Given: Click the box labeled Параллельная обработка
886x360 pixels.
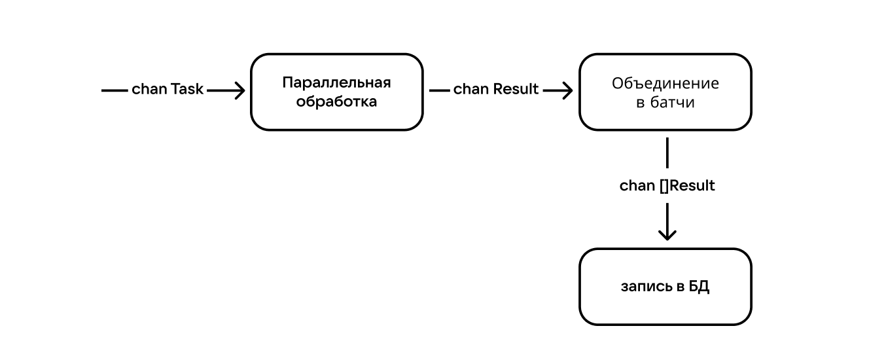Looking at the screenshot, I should [336, 92].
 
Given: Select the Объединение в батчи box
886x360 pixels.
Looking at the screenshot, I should [665, 92].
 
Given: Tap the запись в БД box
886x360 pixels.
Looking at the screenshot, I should [665, 287].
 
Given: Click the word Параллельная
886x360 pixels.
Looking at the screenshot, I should [336, 83].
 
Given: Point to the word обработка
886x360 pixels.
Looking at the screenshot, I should [336, 102].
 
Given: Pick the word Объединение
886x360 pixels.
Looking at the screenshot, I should [665, 83].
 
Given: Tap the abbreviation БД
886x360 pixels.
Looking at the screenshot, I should [699, 287].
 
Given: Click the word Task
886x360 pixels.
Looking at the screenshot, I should [187, 90].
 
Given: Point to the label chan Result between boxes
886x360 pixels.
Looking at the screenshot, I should [495, 89].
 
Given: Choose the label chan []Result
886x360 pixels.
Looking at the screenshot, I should [667, 186].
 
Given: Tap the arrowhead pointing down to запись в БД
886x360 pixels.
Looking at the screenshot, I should [667, 234].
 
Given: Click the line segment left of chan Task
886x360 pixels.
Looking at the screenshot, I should [114, 90].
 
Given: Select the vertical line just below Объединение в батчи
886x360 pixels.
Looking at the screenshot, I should [667, 152].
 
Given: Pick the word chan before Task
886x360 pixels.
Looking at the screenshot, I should [150, 90].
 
